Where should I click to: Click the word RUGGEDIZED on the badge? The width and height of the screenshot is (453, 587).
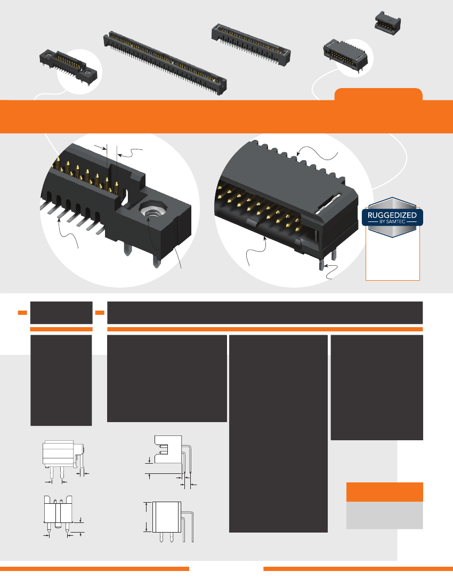[x=393, y=215]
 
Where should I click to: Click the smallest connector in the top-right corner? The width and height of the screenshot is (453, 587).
[x=388, y=24]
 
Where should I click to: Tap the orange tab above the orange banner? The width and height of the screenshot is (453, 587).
[x=378, y=94]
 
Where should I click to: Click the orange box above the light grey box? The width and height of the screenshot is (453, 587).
[x=384, y=491]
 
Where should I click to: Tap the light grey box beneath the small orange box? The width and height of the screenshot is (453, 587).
[x=384, y=514]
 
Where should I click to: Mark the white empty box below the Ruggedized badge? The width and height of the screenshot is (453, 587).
[x=393, y=256]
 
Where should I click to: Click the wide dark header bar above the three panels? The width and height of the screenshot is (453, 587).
[x=265, y=312]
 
